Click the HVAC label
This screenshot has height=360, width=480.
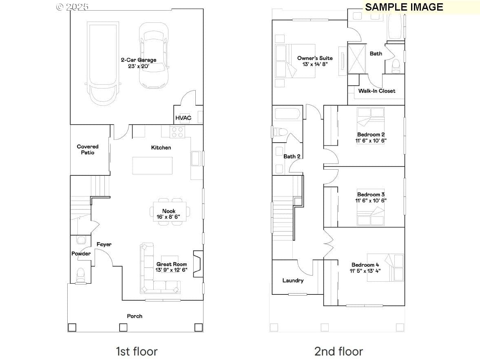click(183, 118)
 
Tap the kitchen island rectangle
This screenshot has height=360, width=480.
click(152, 166)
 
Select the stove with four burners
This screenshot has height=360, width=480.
click(177, 132)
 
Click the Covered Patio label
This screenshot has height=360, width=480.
click(88, 149)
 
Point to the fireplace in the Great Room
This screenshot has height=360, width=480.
click(198, 264)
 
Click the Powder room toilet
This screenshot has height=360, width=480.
click(80, 275)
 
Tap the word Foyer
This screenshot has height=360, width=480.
click(104, 244)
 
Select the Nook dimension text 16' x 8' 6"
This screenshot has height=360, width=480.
click(168, 217)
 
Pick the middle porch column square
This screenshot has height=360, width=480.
click(123, 327)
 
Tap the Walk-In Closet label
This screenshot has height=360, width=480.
click(376, 91)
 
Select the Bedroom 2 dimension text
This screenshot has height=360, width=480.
click(371, 141)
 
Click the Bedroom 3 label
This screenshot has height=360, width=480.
click(371, 194)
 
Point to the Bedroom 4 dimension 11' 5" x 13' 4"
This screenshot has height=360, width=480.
click(365, 271)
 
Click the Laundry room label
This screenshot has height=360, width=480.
click(293, 280)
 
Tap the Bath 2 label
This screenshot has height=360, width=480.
click(292, 157)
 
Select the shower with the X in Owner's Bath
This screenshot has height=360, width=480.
click(357, 59)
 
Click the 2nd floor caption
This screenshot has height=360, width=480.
click(338, 351)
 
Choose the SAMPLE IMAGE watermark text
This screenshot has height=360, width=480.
click(404, 7)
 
